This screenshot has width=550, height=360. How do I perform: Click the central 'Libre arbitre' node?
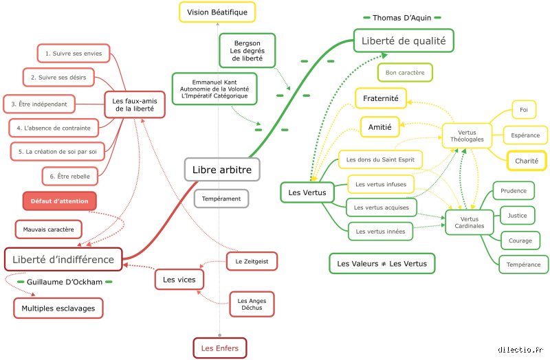[222, 170]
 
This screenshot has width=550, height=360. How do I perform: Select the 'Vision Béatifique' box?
[217, 12]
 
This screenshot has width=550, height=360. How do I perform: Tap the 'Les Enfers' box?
[220, 348]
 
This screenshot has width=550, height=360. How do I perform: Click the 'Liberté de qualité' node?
[404, 41]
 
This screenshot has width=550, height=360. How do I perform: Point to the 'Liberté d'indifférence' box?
[63, 260]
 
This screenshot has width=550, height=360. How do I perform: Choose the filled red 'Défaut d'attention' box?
[60, 201]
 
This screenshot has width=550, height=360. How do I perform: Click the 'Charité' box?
[527, 161]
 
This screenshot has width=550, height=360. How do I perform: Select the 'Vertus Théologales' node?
[467, 135]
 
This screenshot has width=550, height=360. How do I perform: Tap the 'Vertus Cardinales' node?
[470, 222]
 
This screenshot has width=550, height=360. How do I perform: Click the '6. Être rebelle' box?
[70, 177]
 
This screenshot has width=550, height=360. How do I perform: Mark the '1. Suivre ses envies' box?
[74, 54]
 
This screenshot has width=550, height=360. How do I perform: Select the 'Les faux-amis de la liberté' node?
[135, 105]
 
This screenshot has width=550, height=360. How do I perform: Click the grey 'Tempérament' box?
[221, 199]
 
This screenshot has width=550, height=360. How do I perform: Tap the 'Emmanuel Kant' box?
[214, 89]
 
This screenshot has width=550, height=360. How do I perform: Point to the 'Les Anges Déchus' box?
[252, 304]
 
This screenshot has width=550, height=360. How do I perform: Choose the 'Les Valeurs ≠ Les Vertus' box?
[382, 264]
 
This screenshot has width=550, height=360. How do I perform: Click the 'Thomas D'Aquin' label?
[402, 18]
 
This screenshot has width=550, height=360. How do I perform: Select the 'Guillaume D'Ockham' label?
[65, 282]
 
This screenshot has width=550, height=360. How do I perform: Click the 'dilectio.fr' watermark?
[520, 350]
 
